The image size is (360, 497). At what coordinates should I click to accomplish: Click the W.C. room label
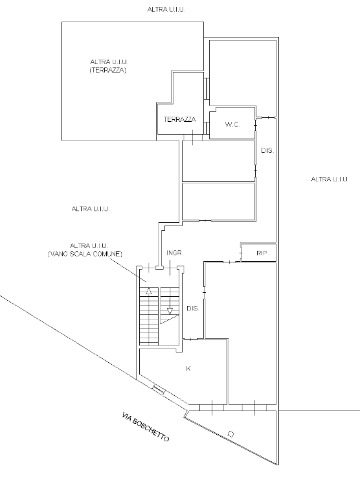tap(232, 124)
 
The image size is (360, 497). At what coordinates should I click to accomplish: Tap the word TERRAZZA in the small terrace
tap(179, 119)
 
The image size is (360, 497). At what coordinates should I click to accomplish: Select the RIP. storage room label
tap(262, 253)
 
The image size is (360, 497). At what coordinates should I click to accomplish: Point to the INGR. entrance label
tap(175, 253)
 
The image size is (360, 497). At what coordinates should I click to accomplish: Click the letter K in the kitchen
tap(188, 369)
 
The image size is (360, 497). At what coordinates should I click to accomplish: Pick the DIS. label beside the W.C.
tap(267, 151)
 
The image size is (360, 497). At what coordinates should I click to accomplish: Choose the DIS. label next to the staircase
tap(192, 308)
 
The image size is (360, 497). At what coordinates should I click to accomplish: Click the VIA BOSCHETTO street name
tap(146, 427)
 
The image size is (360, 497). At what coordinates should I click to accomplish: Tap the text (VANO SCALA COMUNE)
tap(85, 254)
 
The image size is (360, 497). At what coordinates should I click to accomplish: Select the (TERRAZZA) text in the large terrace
tap(108, 70)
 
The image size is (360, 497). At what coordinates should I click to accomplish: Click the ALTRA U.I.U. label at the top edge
tap(166, 10)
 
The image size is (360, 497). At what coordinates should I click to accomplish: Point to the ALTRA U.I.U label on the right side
tap(330, 179)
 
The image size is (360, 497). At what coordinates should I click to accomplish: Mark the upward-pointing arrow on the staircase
tap(149, 291)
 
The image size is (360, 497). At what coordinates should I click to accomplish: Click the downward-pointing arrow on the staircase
tap(170, 306)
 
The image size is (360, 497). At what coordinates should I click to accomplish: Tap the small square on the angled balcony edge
tap(231, 434)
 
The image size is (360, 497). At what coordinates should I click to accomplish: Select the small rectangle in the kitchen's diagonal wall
tap(159, 390)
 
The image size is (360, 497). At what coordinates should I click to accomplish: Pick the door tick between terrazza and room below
tap(193, 137)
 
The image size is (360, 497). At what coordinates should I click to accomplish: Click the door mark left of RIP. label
tap(241, 253)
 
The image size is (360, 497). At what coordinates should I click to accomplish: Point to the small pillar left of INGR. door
tap(160, 268)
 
